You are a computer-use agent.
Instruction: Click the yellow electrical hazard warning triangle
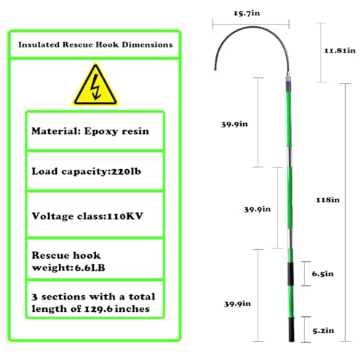coord(95,85)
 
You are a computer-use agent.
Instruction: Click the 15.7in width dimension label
coord(247,13)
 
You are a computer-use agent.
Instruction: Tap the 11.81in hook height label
coord(340,50)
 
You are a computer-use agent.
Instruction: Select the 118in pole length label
coord(328,200)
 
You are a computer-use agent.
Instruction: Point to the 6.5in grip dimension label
coord(323,274)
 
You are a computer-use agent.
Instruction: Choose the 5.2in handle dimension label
coord(323,331)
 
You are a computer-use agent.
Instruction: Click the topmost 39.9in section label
coord(234,124)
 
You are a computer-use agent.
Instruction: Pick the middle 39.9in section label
coord(257,209)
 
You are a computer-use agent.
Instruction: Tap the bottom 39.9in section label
coord(237,304)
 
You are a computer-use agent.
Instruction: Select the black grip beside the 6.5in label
coord(290,274)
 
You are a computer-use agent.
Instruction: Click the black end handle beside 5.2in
coord(291,330)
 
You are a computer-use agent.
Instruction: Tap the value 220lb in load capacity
coord(126,171)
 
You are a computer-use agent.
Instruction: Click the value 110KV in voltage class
coord(125,216)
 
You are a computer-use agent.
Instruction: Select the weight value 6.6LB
coord(90,267)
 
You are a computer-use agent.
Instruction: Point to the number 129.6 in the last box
coord(98,309)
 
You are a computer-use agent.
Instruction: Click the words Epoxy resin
coord(116,131)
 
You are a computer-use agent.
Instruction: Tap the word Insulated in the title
coord(39,44)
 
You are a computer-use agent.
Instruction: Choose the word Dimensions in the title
coord(147,44)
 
